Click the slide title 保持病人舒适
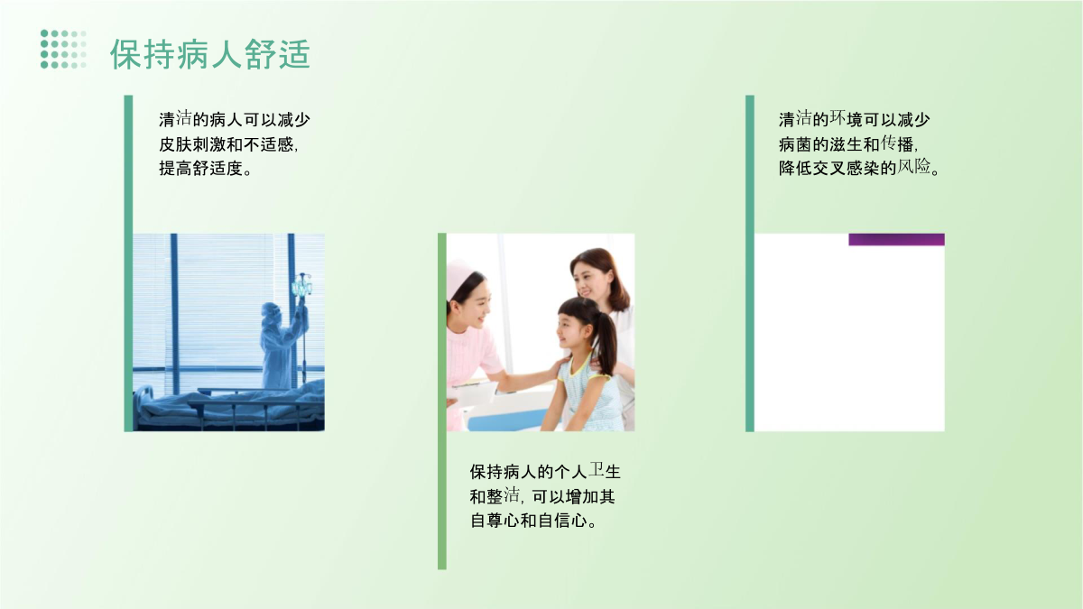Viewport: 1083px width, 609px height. click(x=209, y=53)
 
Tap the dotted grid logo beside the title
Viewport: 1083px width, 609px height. click(x=63, y=50)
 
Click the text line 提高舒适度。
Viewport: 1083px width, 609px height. click(x=206, y=168)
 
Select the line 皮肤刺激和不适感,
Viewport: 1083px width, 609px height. click(x=228, y=144)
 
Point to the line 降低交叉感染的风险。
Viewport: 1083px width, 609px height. click(x=859, y=168)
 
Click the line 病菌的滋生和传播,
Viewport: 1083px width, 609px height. click(x=848, y=144)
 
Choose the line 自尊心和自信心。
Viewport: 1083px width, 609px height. click(x=533, y=521)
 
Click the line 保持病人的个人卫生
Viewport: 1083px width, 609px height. click(x=545, y=471)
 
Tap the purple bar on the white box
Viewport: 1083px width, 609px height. click(x=896, y=240)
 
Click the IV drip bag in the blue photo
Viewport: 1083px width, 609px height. click(x=301, y=287)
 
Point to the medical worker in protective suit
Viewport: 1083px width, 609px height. click(x=282, y=345)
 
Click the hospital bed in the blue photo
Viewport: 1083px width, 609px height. click(x=228, y=406)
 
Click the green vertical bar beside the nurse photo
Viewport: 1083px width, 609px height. click(x=442, y=401)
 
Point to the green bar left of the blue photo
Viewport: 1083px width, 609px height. click(x=128, y=263)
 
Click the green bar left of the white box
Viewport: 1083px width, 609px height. click(x=750, y=263)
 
